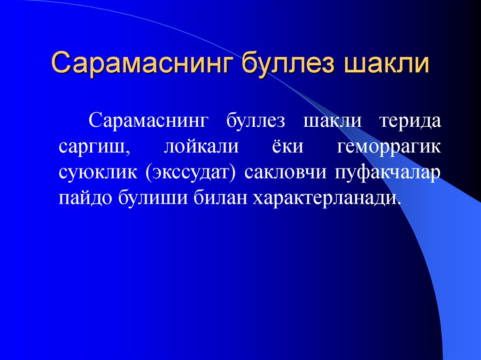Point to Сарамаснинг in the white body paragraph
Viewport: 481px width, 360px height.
147,121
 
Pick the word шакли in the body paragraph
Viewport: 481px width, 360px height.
333,121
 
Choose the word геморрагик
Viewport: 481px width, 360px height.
389,147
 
